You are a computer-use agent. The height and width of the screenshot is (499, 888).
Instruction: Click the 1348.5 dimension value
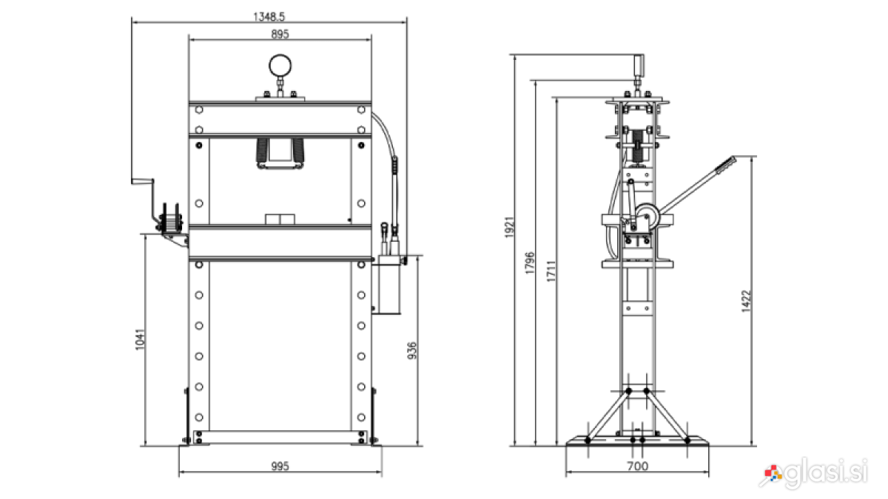point(269,16)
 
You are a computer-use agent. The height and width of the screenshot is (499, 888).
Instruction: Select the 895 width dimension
point(280,34)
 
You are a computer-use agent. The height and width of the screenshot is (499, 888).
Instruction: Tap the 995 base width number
point(280,466)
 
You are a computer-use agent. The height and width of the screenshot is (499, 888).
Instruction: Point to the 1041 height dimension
point(141,339)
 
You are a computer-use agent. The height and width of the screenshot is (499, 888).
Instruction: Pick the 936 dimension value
point(412,350)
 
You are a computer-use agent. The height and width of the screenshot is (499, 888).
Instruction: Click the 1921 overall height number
point(509,228)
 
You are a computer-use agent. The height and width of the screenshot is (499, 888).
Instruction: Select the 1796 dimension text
point(530,262)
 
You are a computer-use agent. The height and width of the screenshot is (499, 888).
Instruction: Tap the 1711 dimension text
point(551,271)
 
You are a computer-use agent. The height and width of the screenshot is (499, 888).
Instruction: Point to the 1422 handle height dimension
point(746,302)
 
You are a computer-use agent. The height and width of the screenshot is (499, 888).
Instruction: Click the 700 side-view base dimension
point(637,466)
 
